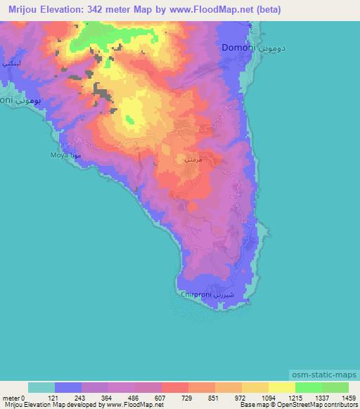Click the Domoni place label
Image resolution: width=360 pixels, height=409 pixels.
238,48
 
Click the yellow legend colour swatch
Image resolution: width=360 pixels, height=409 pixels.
282,387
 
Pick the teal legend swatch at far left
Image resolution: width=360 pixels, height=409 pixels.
41,387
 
